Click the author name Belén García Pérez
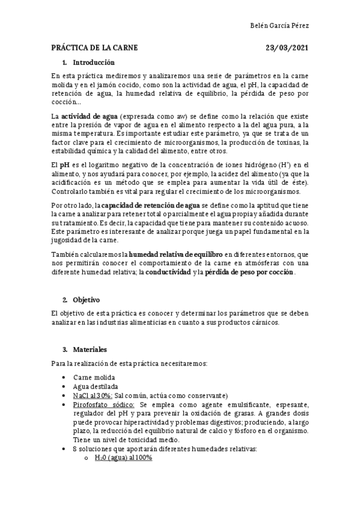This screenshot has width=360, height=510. (279, 26)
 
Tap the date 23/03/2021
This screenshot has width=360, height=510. (287, 48)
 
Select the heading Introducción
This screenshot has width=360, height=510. (94, 63)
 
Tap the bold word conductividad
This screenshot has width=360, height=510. (169, 272)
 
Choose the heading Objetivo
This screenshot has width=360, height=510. (86, 300)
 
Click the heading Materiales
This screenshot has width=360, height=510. (90, 349)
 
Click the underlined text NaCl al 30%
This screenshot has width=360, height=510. (93, 395)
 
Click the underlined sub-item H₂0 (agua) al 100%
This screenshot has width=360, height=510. (123, 458)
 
